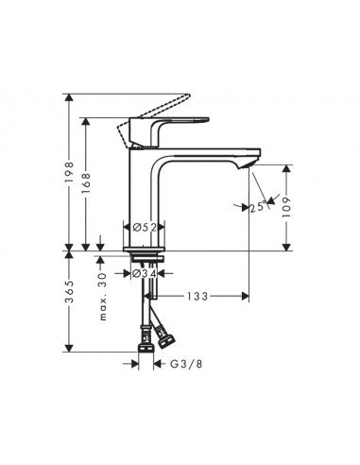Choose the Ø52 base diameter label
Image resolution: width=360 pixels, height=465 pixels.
tap(145, 227)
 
